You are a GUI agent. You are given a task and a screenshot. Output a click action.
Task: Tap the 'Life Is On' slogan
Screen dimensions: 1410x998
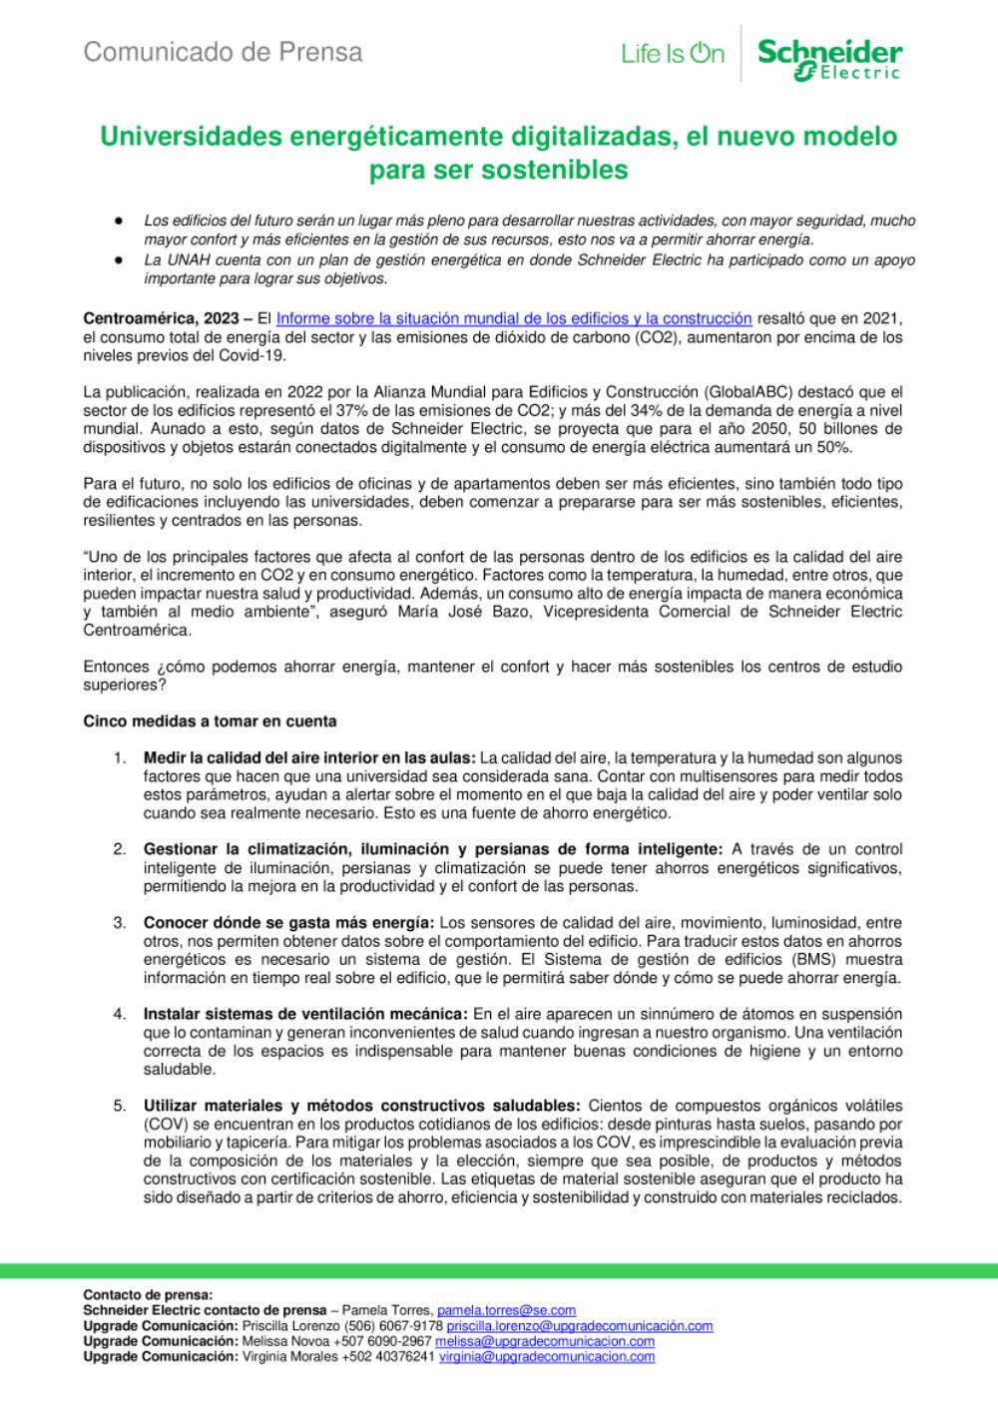coord(672,55)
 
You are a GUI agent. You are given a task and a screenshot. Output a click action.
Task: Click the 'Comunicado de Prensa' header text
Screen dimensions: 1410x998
coord(223,52)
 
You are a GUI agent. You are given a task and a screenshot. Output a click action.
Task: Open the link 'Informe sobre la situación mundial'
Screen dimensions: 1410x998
coord(513,318)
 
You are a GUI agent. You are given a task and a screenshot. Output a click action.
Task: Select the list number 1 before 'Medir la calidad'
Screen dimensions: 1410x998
coord(119,758)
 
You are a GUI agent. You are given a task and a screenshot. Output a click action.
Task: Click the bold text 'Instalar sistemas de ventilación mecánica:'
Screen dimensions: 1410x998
coord(305,1014)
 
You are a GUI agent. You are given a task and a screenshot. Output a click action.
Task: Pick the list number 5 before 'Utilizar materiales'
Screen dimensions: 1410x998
coord(119,1106)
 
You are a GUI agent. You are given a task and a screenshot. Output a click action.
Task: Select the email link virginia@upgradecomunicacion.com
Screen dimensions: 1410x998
coord(547,1356)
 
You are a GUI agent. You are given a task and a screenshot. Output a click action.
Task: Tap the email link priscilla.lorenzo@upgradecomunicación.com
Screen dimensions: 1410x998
coord(579,1326)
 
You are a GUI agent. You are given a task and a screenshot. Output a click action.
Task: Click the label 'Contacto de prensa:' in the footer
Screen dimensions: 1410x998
coord(148,1295)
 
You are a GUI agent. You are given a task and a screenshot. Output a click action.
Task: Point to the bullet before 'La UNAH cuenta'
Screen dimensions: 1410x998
coord(119,259)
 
